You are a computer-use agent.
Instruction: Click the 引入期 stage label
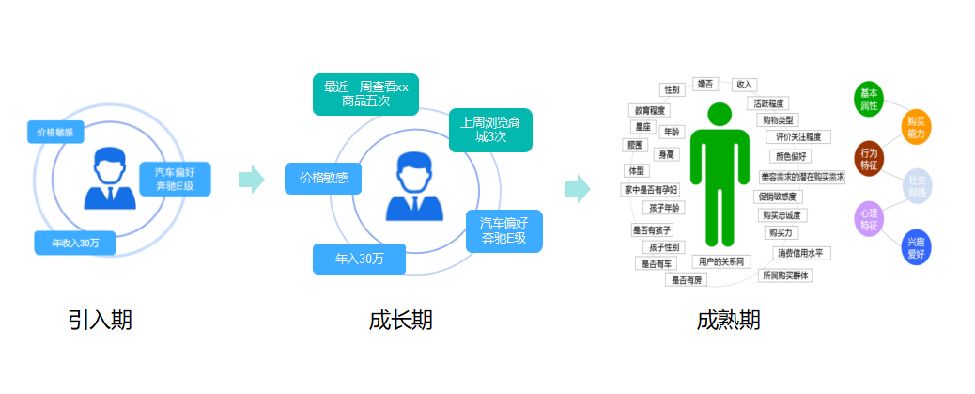click(x=101, y=320)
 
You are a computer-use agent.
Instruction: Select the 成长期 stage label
click(x=401, y=320)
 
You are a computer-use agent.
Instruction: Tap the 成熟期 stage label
click(x=729, y=320)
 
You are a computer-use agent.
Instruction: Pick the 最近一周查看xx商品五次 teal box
click(x=366, y=94)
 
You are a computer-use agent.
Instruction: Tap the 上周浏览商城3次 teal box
click(x=490, y=130)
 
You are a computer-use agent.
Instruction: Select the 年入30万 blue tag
click(x=359, y=259)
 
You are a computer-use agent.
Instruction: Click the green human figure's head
click(x=720, y=115)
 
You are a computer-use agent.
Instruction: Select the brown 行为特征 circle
click(x=869, y=157)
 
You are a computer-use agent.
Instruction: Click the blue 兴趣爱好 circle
click(x=915, y=248)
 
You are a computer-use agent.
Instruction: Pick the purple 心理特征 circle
click(x=869, y=218)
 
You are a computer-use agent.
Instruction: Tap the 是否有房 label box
click(x=686, y=279)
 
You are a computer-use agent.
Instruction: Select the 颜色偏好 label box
click(x=789, y=156)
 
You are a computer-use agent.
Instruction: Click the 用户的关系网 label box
click(x=721, y=260)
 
